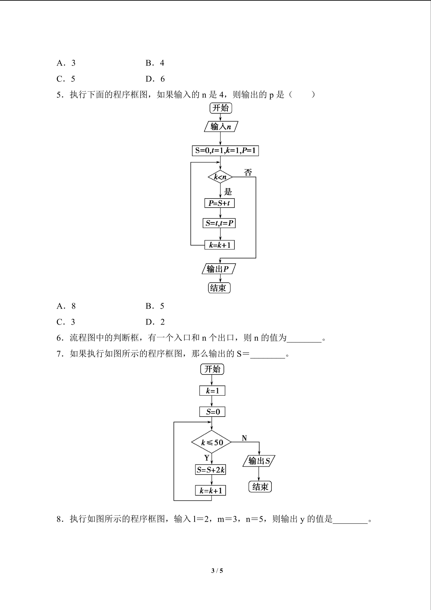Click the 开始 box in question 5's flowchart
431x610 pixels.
(220, 108)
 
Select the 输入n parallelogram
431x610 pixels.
(221, 126)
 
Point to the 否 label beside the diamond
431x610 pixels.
(248, 172)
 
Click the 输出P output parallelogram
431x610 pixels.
(218, 269)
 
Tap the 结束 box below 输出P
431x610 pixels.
(219, 288)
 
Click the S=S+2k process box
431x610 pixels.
(211, 470)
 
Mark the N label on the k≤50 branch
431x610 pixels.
(244, 438)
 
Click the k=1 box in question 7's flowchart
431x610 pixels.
(212, 391)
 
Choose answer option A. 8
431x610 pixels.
(66, 306)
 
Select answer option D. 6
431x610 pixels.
(155, 79)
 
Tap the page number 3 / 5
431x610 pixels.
(217, 570)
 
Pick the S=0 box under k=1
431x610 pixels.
(212, 412)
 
